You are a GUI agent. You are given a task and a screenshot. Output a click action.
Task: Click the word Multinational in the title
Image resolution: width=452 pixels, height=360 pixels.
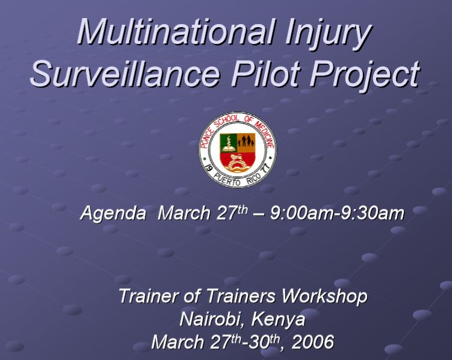(x=175, y=31)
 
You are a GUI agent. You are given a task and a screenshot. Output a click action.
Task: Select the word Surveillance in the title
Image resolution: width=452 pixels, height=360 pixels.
(x=125, y=73)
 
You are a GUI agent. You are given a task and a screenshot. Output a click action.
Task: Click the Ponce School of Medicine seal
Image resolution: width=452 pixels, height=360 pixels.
(x=237, y=149)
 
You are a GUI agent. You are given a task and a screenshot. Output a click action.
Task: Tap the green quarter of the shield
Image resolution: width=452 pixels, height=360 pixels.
(x=228, y=143)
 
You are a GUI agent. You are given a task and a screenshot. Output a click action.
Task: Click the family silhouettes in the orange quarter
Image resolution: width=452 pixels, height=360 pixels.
(x=246, y=141)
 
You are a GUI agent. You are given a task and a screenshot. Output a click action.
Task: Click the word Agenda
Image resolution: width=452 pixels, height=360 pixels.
(x=113, y=214)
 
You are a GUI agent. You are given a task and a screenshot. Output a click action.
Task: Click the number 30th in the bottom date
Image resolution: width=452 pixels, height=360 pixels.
(x=264, y=342)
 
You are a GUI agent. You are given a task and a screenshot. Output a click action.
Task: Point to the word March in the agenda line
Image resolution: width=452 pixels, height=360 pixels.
(x=184, y=214)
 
